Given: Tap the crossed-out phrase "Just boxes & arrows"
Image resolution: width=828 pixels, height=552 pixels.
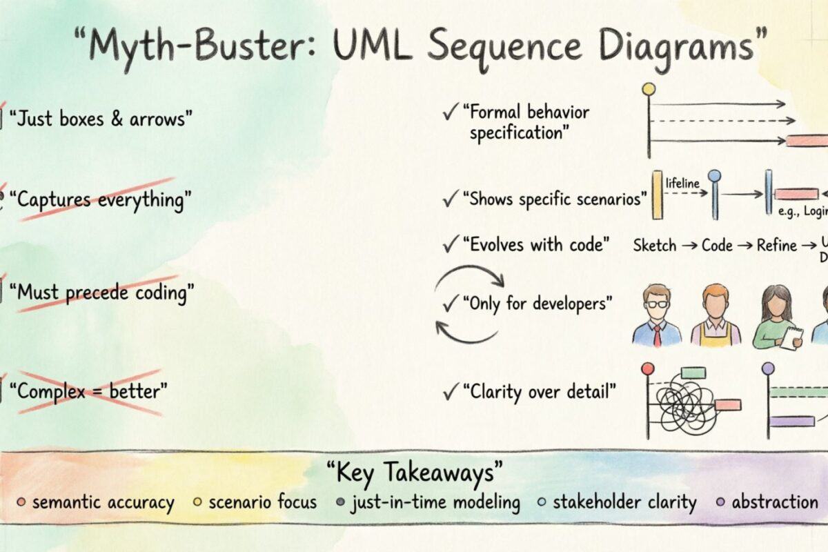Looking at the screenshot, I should click(101, 119).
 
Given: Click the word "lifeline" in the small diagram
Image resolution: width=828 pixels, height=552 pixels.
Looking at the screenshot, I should click(682, 184).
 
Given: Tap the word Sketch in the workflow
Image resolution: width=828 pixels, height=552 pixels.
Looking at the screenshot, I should click(655, 245).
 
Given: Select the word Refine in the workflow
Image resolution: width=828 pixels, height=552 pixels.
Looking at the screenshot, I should click(776, 245).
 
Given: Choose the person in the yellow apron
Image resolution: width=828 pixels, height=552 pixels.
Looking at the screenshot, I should click(716, 316).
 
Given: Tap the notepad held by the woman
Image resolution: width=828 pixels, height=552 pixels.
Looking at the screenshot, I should click(791, 337).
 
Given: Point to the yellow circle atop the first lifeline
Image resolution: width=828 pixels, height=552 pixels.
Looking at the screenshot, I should click(648, 89).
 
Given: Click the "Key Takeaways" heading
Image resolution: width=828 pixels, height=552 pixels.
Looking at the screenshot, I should click(413, 473).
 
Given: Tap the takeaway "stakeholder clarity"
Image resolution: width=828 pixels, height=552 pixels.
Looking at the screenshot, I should click(624, 502).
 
